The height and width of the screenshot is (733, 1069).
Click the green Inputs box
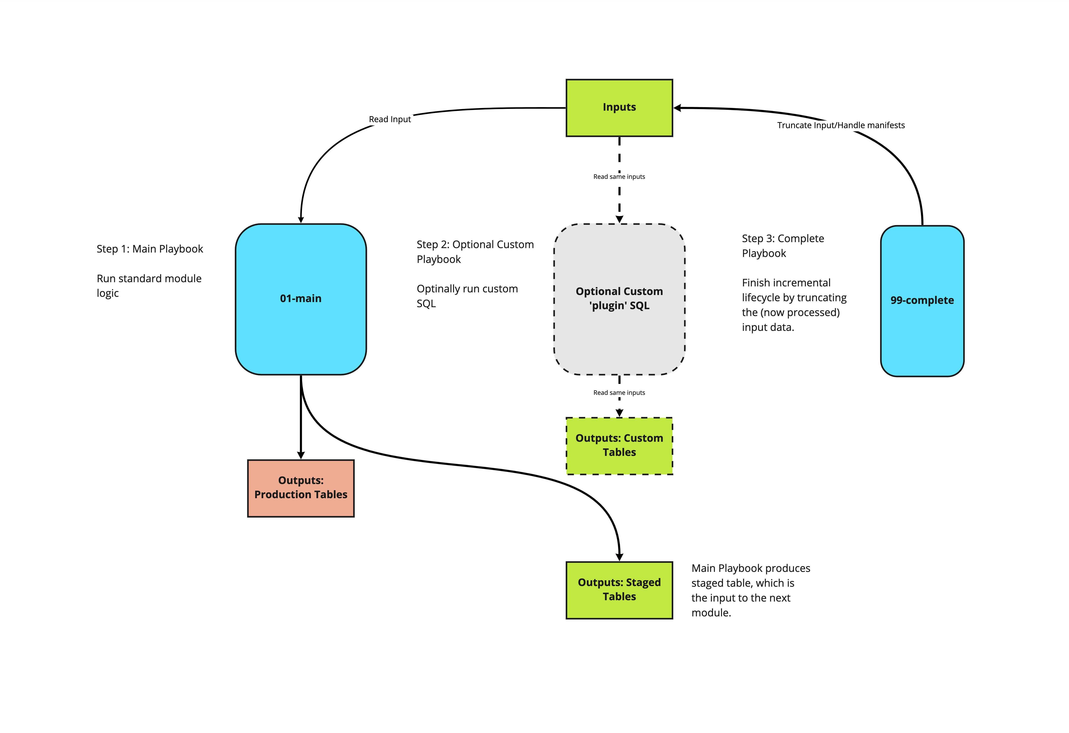[x=619, y=108]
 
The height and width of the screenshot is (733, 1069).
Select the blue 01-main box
[x=301, y=299]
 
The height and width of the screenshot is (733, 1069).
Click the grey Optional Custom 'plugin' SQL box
[x=619, y=299]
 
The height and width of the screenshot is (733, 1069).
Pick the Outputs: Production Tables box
[x=301, y=488]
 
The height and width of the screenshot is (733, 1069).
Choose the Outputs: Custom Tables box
[x=619, y=446]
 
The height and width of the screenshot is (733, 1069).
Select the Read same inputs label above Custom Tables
[x=619, y=393]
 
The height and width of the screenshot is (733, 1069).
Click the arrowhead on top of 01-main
[x=301, y=220]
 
